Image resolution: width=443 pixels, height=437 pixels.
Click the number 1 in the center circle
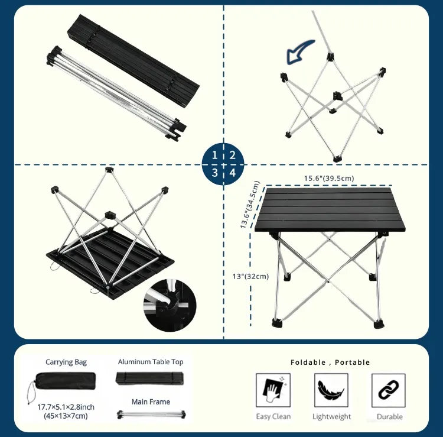pos(214,155)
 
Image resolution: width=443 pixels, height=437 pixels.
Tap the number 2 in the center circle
pos(232,155)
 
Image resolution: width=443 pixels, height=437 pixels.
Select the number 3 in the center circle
pos(215,172)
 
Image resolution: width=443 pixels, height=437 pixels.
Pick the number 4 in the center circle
pos(233,172)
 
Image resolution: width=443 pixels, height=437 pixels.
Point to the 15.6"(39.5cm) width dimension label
pos(329,178)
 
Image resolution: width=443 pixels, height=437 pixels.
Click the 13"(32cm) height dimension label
pos(250,276)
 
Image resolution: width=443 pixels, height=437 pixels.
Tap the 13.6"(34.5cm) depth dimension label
pos(249,205)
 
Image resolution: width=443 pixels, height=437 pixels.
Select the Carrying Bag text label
pos(66,362)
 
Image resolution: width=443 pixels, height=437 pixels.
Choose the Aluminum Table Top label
pos(151,362)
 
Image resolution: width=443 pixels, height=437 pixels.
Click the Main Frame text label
pos(151,402)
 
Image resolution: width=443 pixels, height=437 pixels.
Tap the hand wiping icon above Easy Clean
pos(273,390)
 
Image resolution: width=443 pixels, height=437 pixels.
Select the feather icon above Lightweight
pos(331,390)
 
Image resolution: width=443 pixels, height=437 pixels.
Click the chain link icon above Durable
pos(389,390)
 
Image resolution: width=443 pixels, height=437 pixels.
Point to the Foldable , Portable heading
pos(330,362)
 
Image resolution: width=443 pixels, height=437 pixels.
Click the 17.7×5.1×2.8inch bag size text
pos(66,407)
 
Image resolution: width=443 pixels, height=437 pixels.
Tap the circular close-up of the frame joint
pos(170,305)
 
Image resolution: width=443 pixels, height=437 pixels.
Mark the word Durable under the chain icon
pos(390,417)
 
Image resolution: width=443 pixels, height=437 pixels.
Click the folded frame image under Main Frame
pos(151,415)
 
